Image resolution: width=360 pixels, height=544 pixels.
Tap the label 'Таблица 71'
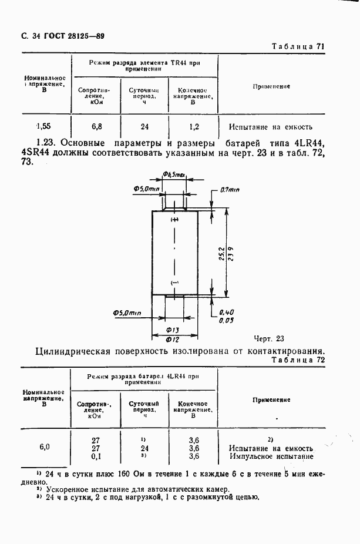tap(299, 46)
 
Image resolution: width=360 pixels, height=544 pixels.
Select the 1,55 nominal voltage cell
tap(43, 126)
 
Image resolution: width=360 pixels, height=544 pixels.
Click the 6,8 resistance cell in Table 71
tap(97, 126)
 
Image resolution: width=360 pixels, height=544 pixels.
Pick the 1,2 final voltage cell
tap(194, 126)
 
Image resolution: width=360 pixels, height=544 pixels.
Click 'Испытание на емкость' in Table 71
tap(271, 126)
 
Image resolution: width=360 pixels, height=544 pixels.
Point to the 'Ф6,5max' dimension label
tap(174, 174)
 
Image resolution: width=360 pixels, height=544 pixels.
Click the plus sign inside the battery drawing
tap(174, 220)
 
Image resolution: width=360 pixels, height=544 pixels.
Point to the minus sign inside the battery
tap(174, 283)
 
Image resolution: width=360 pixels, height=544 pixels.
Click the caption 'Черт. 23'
tap(269, 338)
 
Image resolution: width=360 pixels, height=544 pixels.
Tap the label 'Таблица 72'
tap(299, 360)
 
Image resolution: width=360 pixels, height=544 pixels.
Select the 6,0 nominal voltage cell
tap(45, 447)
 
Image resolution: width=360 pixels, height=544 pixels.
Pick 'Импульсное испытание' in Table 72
tap(271, 456)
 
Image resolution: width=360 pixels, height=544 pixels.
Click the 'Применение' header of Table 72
tap(271, 399)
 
